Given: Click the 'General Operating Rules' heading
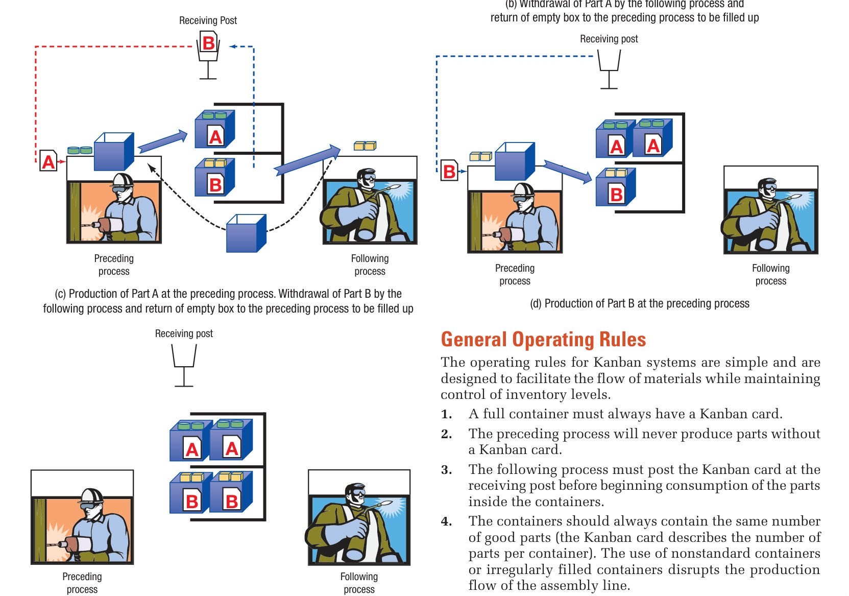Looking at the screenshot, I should click(543, 340).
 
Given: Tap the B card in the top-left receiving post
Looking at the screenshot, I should click(208, 43).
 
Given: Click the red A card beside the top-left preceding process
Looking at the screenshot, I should click(48, 161).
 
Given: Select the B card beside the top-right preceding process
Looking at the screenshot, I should click(449, 171).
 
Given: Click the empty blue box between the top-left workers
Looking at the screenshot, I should click(246, 234).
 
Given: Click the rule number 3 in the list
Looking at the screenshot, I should click(446, 470).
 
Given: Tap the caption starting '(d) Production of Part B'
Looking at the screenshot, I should click(639, 303).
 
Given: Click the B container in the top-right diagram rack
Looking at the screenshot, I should click(616, 188).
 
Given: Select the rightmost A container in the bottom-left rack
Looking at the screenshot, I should click(231, 440).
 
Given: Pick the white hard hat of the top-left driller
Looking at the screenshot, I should click(123, 180).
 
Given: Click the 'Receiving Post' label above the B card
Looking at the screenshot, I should click(208, 20).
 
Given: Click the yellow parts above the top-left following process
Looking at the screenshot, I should click(365, 146).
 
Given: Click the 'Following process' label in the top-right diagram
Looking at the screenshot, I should click(770, 274).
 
